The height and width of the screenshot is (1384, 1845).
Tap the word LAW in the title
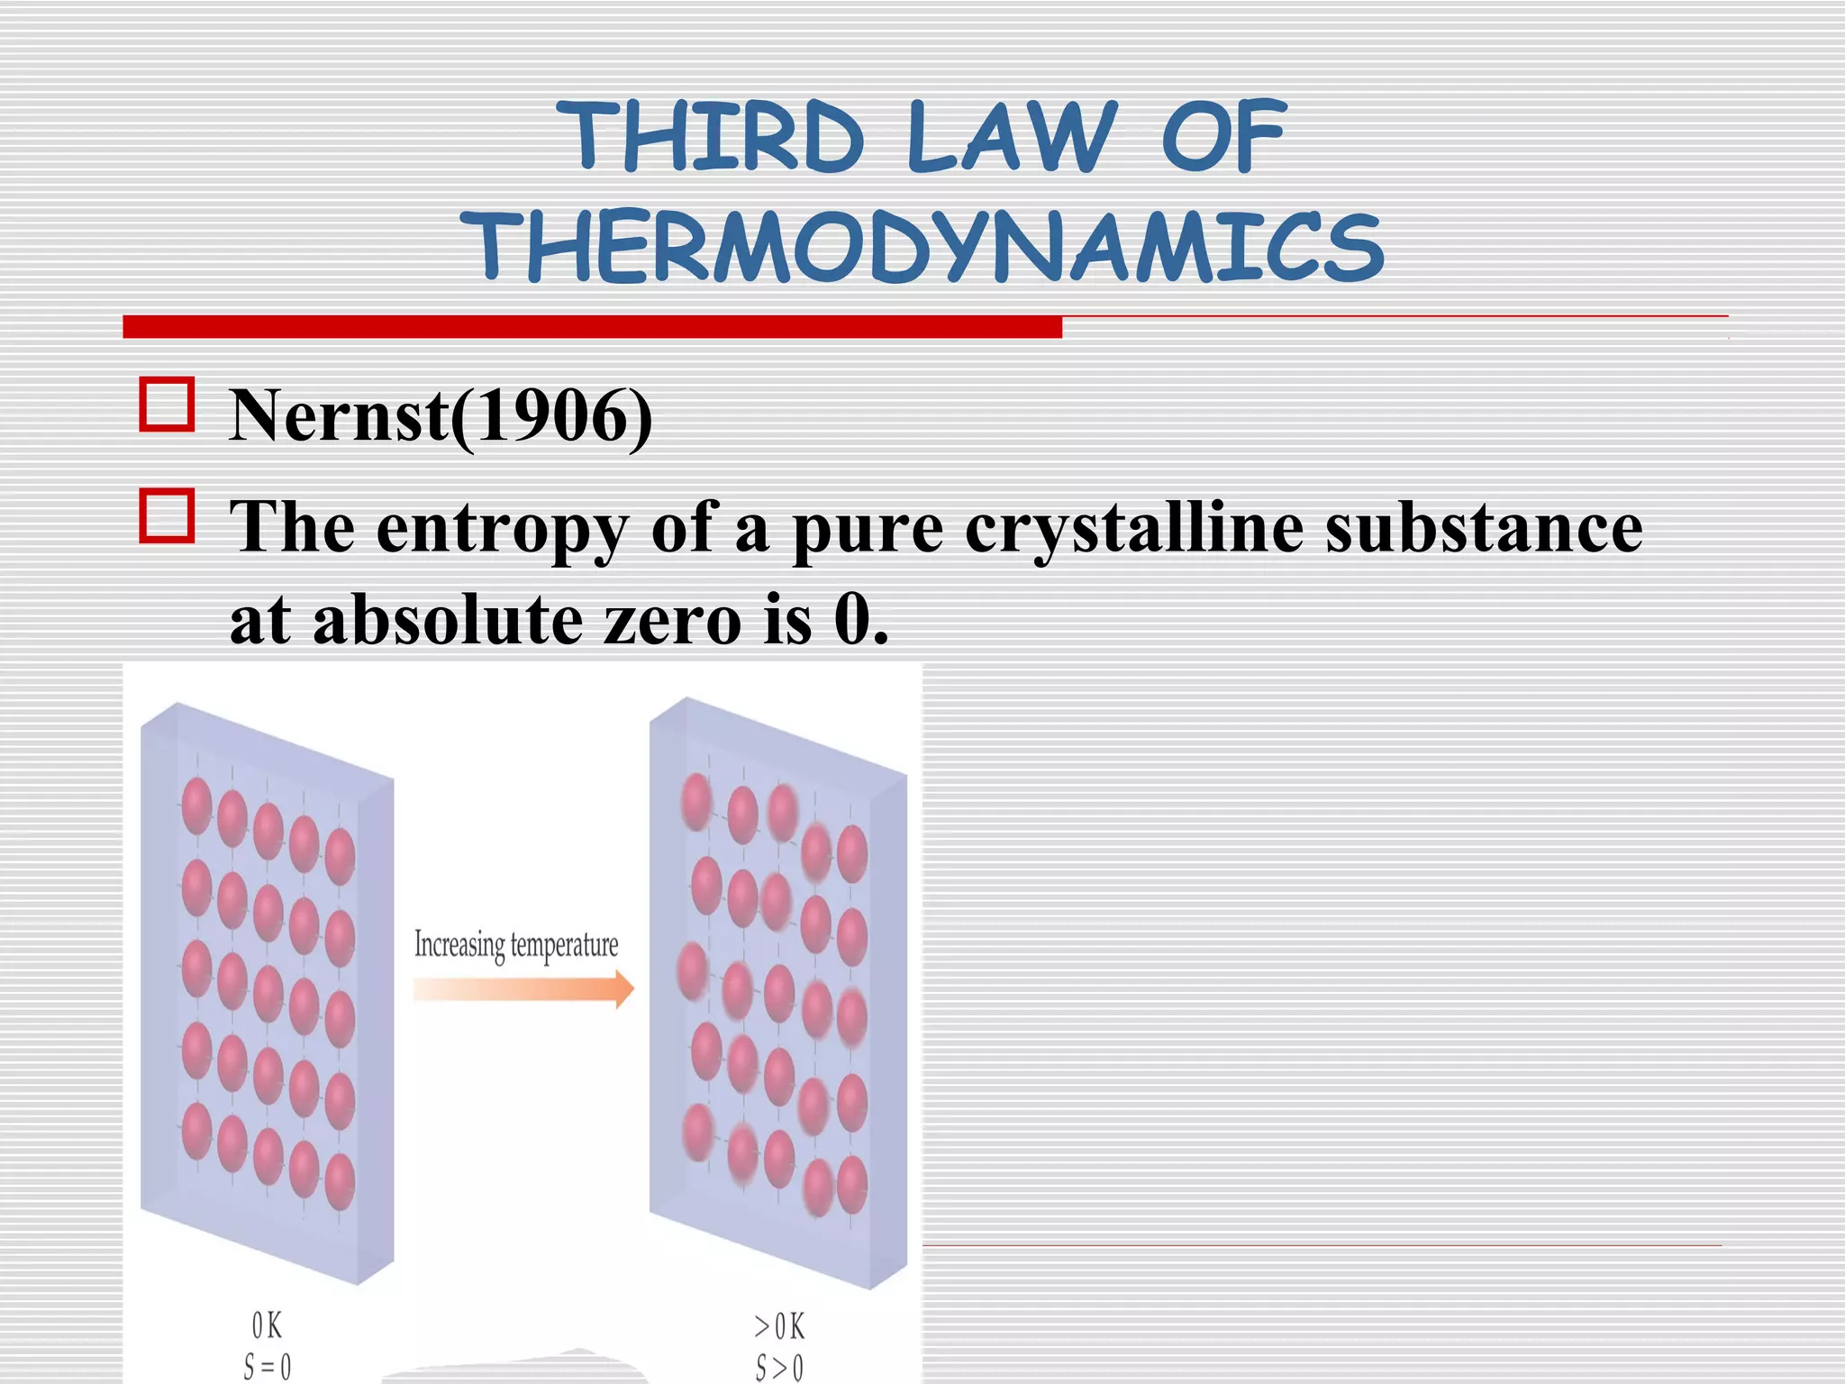(1011, 137)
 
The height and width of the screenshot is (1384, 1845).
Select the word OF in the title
(1223, 137)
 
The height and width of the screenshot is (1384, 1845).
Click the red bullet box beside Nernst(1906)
(168, 405)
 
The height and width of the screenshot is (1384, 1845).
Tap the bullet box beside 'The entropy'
(168, 516)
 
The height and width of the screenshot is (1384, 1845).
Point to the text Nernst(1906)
(441, 415)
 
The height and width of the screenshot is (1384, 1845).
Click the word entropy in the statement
(501, 529)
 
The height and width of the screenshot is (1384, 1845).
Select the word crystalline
(1134, 529)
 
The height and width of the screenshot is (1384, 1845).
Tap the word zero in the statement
(672, 622)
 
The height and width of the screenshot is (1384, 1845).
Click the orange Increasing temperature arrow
(523, 988)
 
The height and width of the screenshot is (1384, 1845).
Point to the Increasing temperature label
(516, 945)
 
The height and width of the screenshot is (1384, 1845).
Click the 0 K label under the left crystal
(267, 1325)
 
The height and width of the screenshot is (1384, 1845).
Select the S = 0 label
(268, 1367)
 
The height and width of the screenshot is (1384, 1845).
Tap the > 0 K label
(779, 1326)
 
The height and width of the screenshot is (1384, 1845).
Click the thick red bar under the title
(592, 327)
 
